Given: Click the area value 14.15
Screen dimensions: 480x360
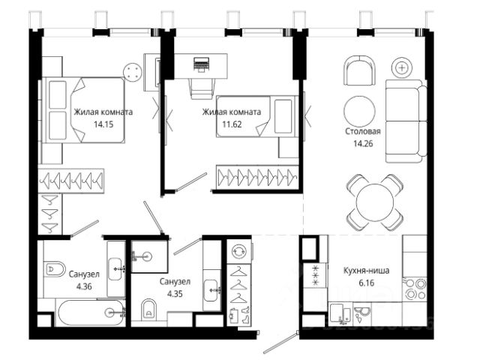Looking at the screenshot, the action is pos(103,124).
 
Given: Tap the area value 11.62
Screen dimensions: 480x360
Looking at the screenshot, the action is pos(232,124).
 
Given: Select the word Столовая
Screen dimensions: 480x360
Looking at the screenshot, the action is pos(363,131).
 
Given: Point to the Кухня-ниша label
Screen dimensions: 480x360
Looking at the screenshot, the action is pos(367,271).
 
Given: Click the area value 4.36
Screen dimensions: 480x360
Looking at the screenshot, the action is pos(84,286).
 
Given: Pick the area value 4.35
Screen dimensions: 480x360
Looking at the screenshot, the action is pos(175,293).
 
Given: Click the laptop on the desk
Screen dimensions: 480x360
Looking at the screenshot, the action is pos(201,64).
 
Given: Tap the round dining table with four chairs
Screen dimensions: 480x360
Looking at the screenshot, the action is pos(375,202).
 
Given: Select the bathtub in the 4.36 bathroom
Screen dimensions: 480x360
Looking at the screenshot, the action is pos(91,313).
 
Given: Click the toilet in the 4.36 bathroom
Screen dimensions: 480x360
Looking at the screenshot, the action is pos(55,269).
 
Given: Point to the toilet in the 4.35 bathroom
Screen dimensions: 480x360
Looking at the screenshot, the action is pos(148,309).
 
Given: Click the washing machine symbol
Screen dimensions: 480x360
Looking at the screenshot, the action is pos(239,251).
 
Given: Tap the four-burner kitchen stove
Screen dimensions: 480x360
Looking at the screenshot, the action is pos(415,289).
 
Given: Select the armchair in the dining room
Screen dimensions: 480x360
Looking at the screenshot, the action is pos(359,70).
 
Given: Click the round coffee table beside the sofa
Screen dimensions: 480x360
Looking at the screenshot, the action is pos(359,112).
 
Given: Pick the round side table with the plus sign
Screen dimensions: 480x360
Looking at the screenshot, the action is pos(402,67).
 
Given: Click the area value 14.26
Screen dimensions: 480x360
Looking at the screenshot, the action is pos(363,143).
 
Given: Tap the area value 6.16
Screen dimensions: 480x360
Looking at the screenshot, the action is pos(367,283).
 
